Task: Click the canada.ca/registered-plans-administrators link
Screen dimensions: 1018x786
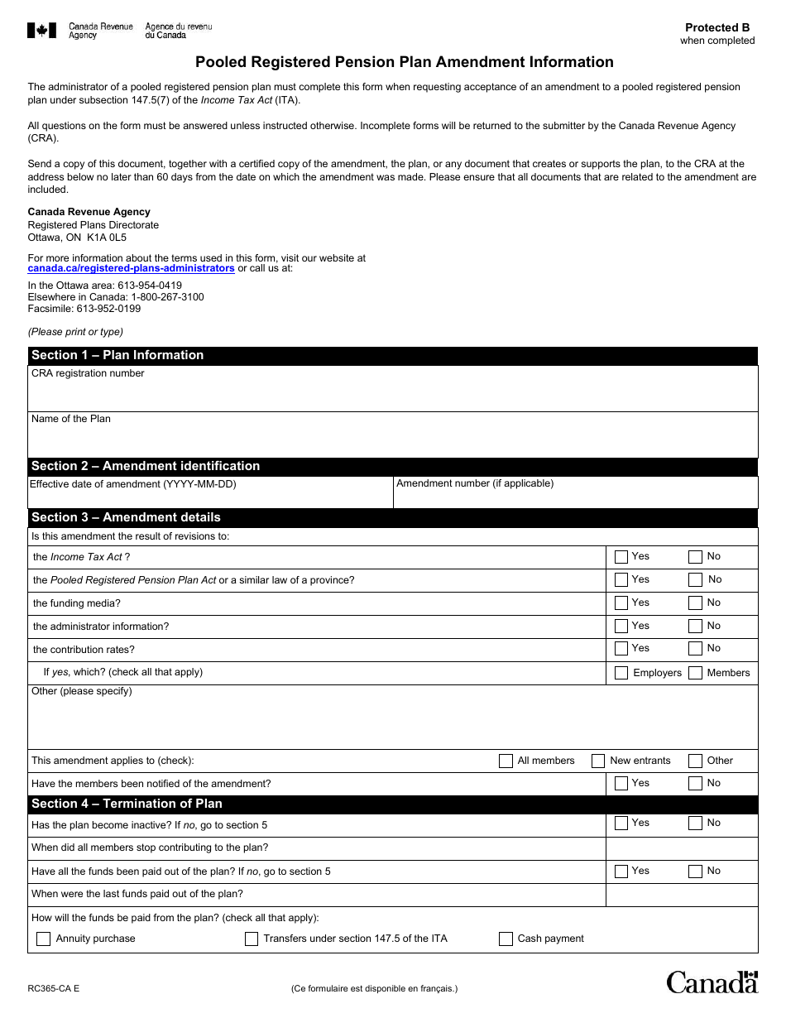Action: (x=131, y=269)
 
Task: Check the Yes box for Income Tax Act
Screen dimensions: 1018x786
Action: (x=621, y=557)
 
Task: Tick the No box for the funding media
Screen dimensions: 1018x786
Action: (x=695, y=603)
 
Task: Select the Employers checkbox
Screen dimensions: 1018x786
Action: (x=621, y=673)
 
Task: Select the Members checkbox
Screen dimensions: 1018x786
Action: (x=695, y=673)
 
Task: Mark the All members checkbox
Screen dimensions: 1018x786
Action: (x=506, y=761)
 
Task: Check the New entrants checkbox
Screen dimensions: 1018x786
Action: (x=598, y=761)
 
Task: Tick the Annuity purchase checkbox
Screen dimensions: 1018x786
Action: (x=43, y=939)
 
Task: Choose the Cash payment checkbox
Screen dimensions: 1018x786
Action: (x=506, y=939)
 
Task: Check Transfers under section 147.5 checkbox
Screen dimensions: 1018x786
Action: (x=252, y=939)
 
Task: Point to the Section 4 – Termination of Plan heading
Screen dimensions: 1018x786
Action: (x=127, y=804)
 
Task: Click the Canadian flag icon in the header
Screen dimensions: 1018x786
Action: (x=41, y=31)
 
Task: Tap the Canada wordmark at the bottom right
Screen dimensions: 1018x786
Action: (x=712, y=982)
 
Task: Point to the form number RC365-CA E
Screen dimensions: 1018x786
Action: (x=54, y=988)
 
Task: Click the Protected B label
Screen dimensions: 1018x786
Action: (x=717, y=27)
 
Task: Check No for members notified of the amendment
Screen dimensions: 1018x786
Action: (x=695, y=784)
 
